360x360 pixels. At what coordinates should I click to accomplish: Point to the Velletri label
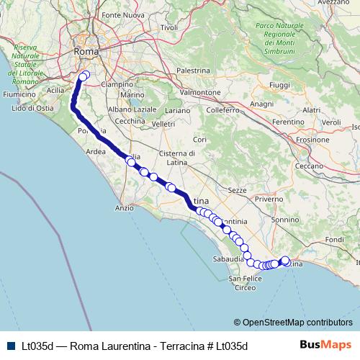click(x=164, y=124)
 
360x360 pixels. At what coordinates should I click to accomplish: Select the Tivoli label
click(x=169, y=27)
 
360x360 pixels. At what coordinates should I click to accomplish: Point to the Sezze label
click(x=237, y=190)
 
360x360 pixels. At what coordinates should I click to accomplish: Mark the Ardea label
click(x=95, y=152)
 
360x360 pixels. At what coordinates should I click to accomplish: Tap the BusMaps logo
click(x=325, y=345)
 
